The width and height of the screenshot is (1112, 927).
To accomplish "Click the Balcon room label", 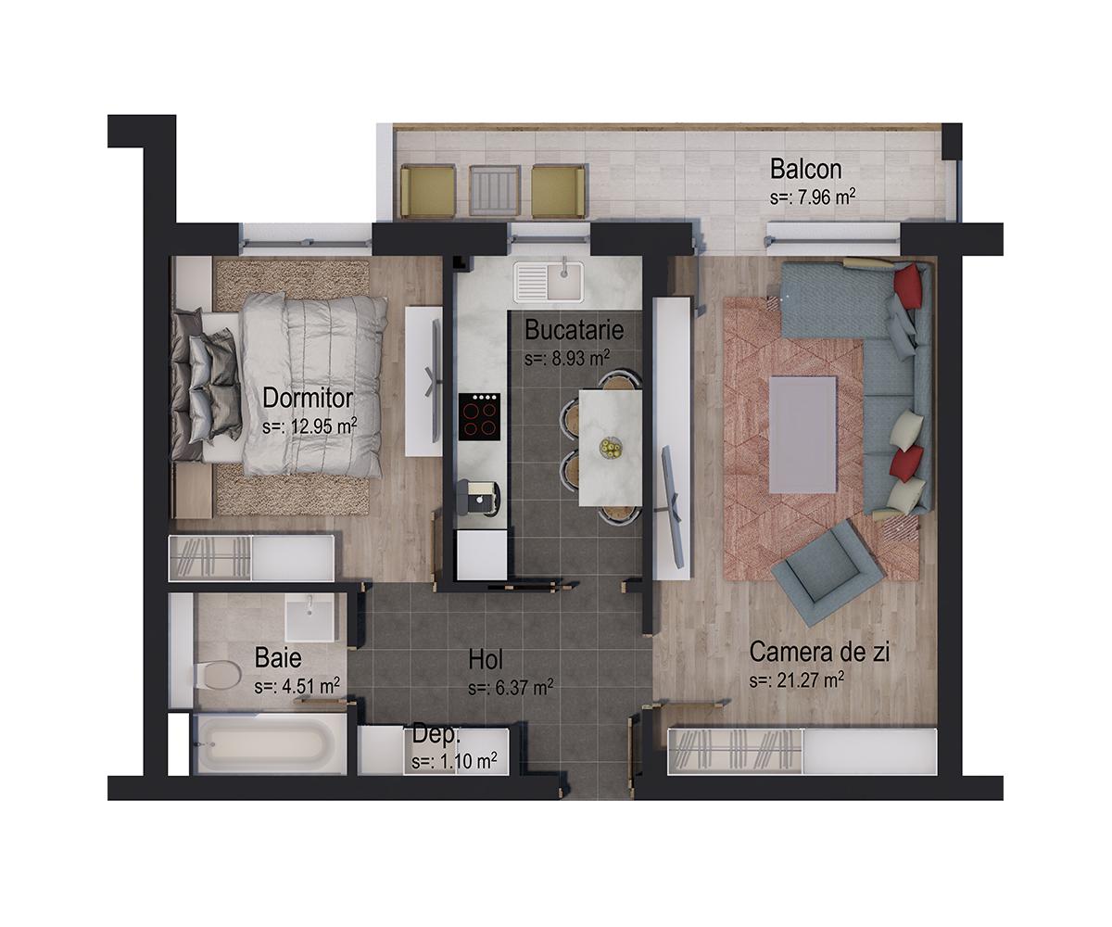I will (805, 170).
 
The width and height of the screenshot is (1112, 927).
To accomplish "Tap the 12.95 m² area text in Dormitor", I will (310, 426).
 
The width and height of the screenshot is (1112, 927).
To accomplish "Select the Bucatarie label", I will (573, 330).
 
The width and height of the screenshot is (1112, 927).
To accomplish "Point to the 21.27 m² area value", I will (797, 680).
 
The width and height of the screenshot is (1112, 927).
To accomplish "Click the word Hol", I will (486, 661).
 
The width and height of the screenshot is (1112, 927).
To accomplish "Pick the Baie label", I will (278, 659).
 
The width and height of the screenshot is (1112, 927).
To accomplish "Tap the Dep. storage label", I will (436, 734).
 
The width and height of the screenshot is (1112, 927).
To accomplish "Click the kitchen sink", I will (550, 282).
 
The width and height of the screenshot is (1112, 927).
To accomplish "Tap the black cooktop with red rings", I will (480, 416).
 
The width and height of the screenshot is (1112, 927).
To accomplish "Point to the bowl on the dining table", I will (610, 448).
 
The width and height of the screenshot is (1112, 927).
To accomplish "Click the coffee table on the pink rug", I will (802, 433).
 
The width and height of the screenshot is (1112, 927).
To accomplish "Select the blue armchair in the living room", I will (828, 572).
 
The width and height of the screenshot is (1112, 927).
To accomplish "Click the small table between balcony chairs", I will (493, 190).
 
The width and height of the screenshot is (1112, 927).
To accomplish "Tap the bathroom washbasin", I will (310, 617).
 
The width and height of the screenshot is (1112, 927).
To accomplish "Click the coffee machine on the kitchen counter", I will (481, 499).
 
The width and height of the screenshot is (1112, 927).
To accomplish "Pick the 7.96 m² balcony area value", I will (812, 197).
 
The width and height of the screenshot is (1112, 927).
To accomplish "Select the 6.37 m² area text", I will (511, 688).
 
